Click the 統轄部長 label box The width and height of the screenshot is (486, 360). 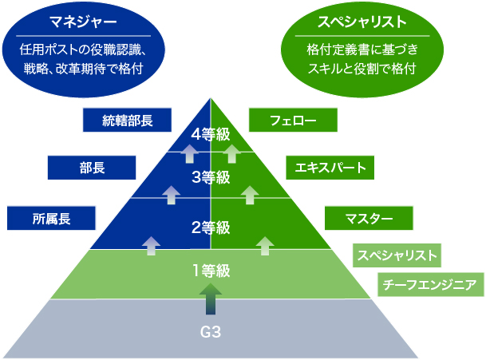pyautogui.click(x=128, y=121)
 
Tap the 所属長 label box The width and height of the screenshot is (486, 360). pyautogui.click(x=51, y=217)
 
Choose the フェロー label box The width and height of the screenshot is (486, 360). pyautogui.click(x=293, y=121)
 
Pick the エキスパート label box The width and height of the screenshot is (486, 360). pyautogui.click(x=330, y=168)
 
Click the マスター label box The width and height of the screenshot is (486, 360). pyautogui.click(x=369, y=217)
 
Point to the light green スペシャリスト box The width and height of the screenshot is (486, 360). pyautogui.click(x=396, y=255)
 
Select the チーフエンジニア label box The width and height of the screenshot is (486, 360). pyautogui.click(x=431, y=284)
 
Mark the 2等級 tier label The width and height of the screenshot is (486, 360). pyautogui.click(x=211, y=227)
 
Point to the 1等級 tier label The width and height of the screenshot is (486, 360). pyautogui.click(x=211, y=271)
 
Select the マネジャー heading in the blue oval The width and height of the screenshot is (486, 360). pyautogui.click(x=84, y=18)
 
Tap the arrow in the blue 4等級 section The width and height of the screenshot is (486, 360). pyautogui.click(x=189, y=152)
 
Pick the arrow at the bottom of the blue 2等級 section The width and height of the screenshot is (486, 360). pyautogui.click(x=151, y=245)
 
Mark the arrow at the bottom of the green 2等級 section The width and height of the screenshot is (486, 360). pyautogui.click(x=265, y=245)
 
